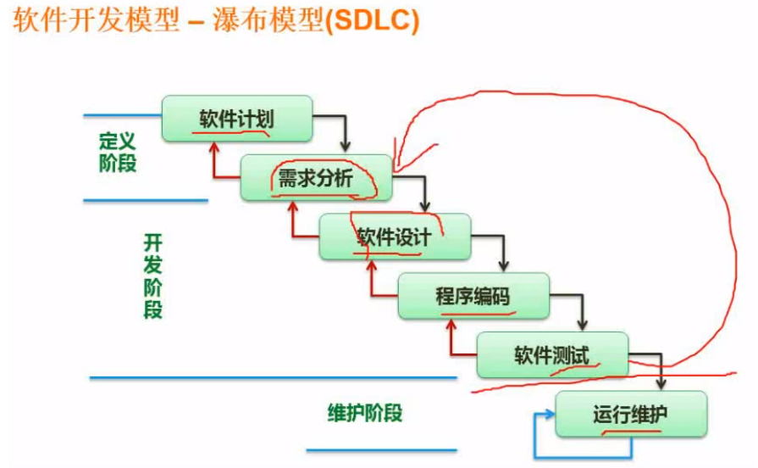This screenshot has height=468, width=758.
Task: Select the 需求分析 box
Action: (315, 177)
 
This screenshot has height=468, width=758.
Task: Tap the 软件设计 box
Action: (394, 236)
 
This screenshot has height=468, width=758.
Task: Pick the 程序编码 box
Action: (473, 296)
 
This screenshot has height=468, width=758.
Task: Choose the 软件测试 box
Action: (551, 354)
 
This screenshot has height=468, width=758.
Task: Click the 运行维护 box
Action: (630, 414)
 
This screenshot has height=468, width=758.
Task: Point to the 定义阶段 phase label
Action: (118, 152)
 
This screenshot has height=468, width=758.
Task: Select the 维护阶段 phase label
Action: (365, 414)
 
